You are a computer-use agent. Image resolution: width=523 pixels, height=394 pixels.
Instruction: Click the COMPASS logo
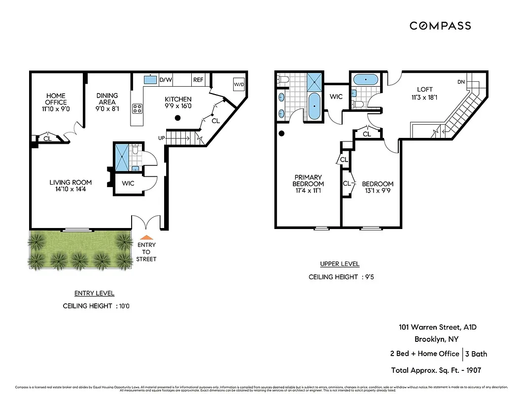tap(440, 26)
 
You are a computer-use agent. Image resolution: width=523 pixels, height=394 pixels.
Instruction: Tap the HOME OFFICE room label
tap(56, 99)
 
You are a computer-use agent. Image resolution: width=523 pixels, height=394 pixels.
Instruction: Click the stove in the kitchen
tap(137, 109)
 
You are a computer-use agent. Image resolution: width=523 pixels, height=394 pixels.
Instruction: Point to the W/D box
tap(239, 85)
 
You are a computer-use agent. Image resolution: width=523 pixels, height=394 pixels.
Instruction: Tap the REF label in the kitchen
tap(198, 79)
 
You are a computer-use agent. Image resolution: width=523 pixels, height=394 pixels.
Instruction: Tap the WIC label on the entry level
tap(128, 184)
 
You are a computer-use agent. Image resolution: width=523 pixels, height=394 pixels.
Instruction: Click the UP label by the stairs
tap(162, 138)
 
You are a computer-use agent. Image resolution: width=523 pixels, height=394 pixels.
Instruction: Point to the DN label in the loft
tap(461, 82)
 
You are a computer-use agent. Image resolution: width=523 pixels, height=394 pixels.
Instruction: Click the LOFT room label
tap(424, 90)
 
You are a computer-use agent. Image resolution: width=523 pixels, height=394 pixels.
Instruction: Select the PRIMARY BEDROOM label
tap(308, 180)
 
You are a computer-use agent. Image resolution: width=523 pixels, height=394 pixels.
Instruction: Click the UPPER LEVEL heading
tap(340, 263)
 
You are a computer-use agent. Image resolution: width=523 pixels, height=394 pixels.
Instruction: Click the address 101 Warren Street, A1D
tap(438, 327)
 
